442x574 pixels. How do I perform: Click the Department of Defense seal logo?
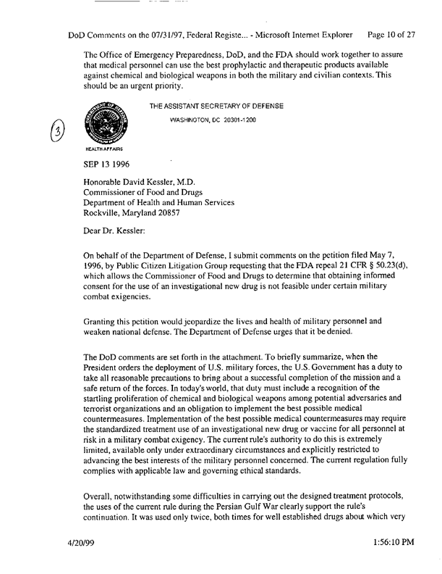pyautogui.click(x=110, y=124)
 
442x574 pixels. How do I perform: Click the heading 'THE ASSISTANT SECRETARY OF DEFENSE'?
pyautogui.click(x=216, y=107)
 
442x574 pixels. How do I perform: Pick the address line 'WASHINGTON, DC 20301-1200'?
pyautogui.click(x=213, y=120)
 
